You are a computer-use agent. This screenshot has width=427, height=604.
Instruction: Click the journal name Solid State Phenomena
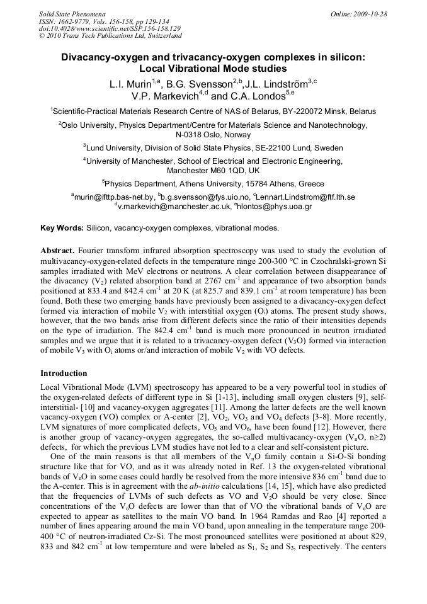(x=72, y=13)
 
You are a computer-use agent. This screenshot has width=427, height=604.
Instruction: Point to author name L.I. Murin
(x=127, y=84)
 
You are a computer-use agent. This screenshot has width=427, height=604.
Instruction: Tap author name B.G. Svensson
(x=200, y=84)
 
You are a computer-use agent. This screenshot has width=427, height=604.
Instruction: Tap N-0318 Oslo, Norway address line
(x=213, y=135)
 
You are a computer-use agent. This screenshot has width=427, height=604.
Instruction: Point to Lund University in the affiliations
(x=115, y=148)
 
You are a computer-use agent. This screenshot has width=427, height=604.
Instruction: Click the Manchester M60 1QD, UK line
(x=213, y=171)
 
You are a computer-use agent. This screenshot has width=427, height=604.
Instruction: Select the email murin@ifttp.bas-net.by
(x=113, y=197)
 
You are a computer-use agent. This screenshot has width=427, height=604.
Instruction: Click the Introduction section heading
(x=64, y=373)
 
